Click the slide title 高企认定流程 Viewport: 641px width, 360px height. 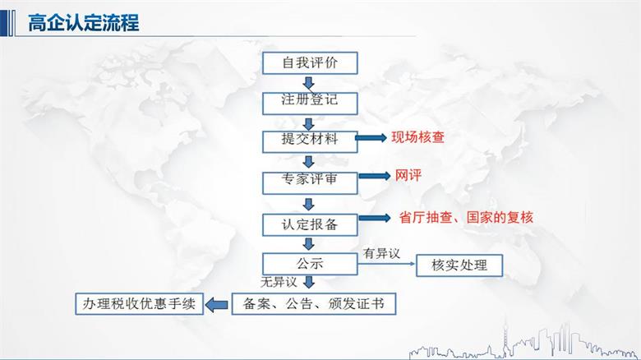pos(83,22)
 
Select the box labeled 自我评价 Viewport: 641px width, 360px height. pos(309,62)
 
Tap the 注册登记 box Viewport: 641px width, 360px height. pos(309,102)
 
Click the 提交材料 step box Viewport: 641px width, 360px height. pos(309,140)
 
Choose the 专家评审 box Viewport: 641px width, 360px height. pos(309,180)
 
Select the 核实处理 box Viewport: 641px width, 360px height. pos(459,265)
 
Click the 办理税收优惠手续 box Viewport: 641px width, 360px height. pos(137,304)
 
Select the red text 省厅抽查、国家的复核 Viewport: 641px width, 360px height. pos(466,218)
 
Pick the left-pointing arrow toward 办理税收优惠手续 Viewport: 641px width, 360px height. pos(215,305)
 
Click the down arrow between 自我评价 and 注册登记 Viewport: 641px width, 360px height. pos(309,82)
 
